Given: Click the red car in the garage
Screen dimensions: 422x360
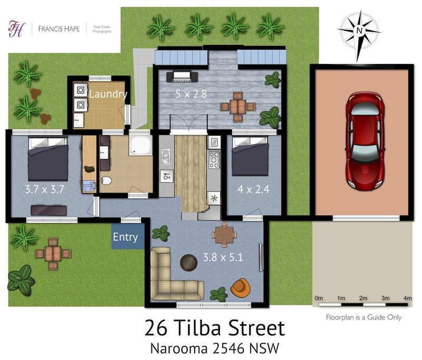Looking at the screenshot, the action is (365, 141).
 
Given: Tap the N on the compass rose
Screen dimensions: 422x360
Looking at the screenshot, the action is (359, 31).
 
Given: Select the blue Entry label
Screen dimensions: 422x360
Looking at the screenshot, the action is (126, 237).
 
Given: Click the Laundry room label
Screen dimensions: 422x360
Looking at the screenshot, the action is (108, 94).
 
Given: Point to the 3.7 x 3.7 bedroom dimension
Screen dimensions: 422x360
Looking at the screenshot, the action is (45, 190).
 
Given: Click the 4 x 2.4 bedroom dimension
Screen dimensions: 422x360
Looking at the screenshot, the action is (253, 190).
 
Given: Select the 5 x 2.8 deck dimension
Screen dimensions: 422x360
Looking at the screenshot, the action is (191, 94).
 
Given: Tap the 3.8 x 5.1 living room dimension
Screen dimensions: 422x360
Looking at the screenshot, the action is (223, 257).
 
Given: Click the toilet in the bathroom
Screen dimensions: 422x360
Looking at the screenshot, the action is (107, 181).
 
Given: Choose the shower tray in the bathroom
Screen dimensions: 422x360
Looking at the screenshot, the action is (140, 145).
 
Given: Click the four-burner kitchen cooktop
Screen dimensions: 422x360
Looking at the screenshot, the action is (215, 160).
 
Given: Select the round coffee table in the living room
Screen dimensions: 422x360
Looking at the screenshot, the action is (189, 262).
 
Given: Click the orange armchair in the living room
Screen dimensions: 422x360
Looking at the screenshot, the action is (240, 288).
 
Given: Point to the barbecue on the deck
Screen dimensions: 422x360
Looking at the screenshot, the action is (182, 76).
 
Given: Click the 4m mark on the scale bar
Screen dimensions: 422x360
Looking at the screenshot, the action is (407, 298).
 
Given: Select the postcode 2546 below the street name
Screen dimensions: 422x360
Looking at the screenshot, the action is (229, 348).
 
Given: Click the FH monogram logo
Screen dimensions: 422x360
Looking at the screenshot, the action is (17, 29).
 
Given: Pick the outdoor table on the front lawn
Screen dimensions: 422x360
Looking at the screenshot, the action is (53, 254).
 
